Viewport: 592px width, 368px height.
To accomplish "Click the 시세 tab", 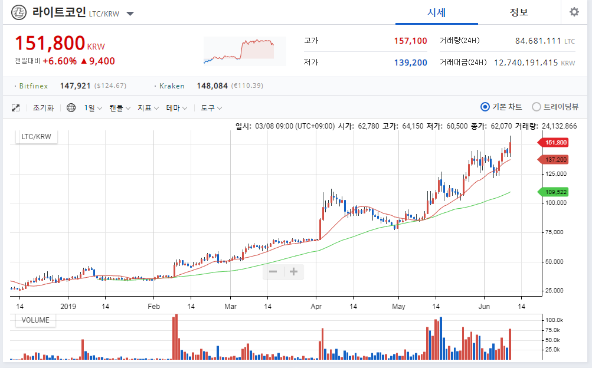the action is pos(436,12).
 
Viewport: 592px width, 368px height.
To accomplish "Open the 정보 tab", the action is pos(519,12).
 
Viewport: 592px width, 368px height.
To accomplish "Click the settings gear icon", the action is pos(574,12).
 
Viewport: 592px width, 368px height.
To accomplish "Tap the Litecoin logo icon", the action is pos(19,12).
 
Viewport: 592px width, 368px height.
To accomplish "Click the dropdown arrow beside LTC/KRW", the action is pos(130,14).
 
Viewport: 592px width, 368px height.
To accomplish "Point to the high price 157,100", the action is pos(410,41).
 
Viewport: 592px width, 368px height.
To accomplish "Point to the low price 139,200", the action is pos(410,63).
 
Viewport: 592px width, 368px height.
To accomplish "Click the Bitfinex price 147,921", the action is pos(75,86).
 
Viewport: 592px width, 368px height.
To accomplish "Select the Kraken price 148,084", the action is pos(212,86).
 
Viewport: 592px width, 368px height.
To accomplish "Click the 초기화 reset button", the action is pos(43,108).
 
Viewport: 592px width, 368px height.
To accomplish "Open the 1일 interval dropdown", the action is pos(93,108).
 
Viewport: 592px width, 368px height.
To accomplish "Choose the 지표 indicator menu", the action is pos(148,108).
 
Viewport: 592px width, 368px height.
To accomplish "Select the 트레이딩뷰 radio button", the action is pos(537,107).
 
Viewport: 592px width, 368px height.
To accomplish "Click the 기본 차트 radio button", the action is pos(485,107).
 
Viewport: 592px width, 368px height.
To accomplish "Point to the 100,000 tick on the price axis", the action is pos(556,203).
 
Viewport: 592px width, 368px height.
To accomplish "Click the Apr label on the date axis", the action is pos(316,307).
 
